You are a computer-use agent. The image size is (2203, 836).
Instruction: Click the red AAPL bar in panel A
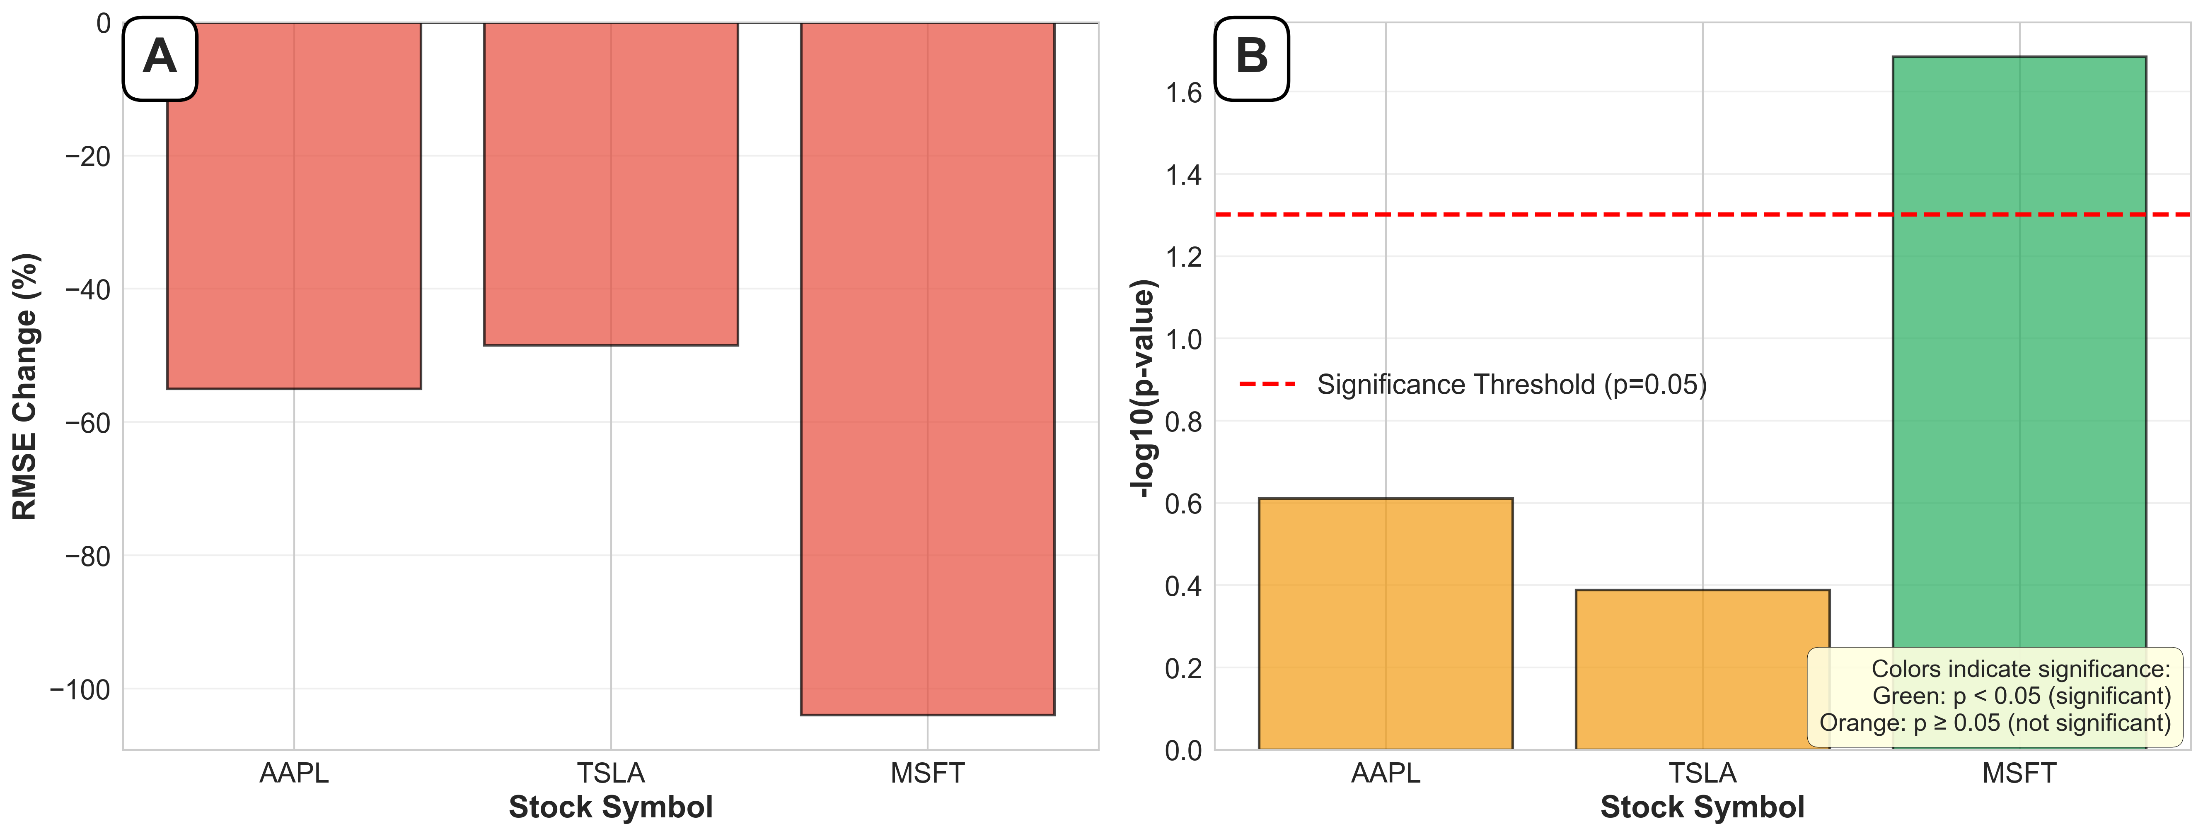coord(293,205)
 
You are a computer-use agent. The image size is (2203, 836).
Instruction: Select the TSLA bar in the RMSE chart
coord(611,184)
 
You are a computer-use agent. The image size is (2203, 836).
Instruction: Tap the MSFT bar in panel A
coord(927,368)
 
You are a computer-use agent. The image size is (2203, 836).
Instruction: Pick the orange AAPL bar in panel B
coord(1386,624)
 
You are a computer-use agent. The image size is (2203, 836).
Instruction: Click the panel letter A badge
coord(160,58)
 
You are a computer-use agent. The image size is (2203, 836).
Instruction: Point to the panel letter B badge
coord(1251,58)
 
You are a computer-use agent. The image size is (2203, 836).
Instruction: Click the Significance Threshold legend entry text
coord(1511,385)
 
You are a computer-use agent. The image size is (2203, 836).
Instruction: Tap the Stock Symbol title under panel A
coord(611,807)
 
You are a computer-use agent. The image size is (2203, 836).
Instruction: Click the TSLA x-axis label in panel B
coord(1702,773)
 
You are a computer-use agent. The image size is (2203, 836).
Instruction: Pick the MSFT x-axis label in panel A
coord(927,773)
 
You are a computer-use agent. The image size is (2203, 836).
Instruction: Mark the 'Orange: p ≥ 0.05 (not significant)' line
coord(1994,723)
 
